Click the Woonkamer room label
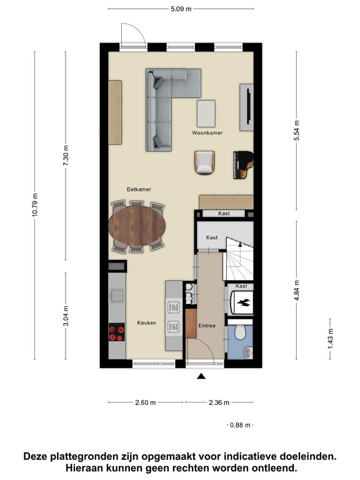207,133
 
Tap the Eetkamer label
138,189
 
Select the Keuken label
146,323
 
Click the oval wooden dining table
137,226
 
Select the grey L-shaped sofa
166,106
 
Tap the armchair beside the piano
204,162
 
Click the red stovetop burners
116,331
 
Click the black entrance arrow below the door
201,376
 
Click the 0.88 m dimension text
239,425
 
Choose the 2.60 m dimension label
146,402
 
